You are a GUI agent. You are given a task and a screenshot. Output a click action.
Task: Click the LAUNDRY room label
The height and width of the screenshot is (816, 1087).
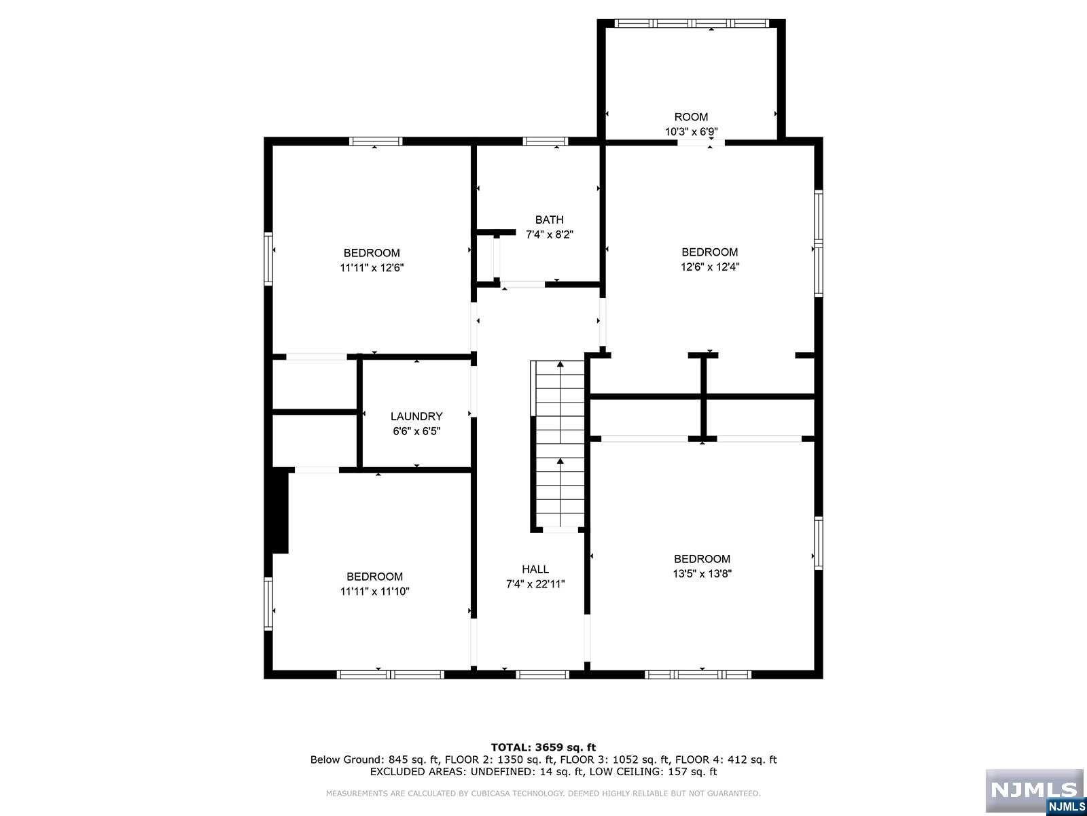click(x=416, y=416)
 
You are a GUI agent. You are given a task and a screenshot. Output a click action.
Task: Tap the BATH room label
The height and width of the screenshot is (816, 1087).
click(x=549, y=220)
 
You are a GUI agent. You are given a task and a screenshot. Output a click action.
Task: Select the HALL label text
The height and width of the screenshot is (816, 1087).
click(x=535, y=569)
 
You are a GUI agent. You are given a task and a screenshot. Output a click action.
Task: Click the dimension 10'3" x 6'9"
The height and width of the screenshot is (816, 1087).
click(x=692, y=132)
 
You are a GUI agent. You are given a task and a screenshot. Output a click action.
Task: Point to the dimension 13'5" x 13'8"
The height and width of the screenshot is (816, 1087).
click(x=702, y=573)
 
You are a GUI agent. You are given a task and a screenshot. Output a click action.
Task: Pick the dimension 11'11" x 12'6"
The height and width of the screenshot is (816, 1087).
click(x=372, y=268)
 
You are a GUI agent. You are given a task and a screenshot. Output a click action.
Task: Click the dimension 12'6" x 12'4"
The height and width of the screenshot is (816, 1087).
click(x=710, y=267)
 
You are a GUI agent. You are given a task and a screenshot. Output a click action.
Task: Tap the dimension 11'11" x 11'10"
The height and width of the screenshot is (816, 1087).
click(x=374, y=592)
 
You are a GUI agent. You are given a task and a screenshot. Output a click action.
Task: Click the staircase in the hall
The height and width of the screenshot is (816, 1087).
click(x=559, y=445)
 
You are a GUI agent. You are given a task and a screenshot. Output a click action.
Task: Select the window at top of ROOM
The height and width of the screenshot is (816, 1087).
click(x=692, y=23)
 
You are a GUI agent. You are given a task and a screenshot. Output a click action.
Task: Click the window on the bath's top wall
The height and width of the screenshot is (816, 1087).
click(x=545, y=141)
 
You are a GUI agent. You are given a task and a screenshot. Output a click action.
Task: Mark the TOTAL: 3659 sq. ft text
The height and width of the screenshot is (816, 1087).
click(x=543, y=747)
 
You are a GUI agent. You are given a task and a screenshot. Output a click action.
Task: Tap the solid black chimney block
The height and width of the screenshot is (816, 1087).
click(x=279, y=510)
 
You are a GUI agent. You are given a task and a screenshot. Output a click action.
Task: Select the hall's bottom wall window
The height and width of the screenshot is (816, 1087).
click(x=542, y=675)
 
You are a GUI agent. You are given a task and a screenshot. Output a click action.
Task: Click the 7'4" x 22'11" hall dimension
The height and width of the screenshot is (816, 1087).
click(x=535, y=584)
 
